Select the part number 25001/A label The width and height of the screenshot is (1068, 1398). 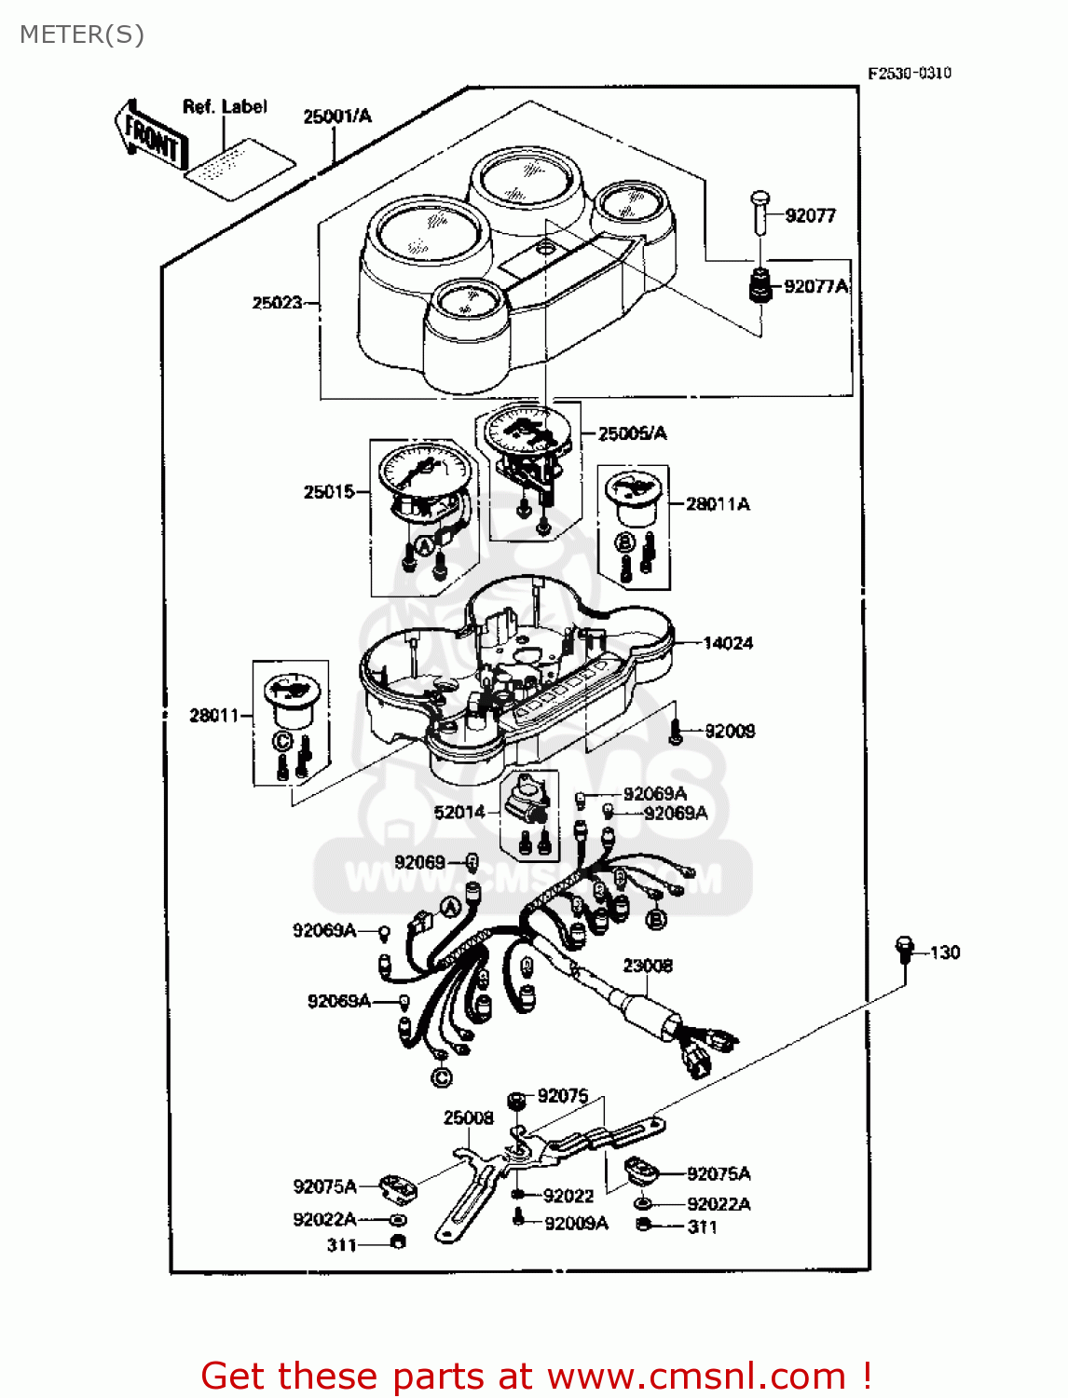(x=336, y=116)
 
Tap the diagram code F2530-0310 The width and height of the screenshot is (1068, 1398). (x=909, y=74)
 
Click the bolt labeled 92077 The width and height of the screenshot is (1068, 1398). (x=760, y=213)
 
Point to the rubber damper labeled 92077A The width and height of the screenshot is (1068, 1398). (x=760, y=284)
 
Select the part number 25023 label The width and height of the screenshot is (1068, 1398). (x=277, y=303)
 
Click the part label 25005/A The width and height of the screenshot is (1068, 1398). (x=632, y=433)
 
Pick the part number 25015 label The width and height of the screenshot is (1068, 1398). (x=328, y=491)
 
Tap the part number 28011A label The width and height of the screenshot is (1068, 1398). (x=717, y=504)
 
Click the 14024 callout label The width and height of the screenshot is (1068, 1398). (x=728, y=643)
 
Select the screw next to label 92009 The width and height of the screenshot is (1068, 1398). (x=677, y=734)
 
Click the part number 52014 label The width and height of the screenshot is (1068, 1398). (x=459, y=813)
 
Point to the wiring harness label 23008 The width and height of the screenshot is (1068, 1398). (x=648, y=966)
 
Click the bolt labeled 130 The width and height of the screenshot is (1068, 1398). (x=903, y=949)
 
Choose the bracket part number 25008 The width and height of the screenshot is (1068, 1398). (x=468, y=1117)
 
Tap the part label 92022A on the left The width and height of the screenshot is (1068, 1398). (x=324, y=1219)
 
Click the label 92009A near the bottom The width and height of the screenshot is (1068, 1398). (x=576, y=1223)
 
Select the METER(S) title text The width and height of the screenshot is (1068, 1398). (x=82, y=34)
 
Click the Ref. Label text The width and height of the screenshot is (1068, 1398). (x=225, y=107)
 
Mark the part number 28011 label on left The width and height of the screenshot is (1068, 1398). (x=214, y=716)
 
